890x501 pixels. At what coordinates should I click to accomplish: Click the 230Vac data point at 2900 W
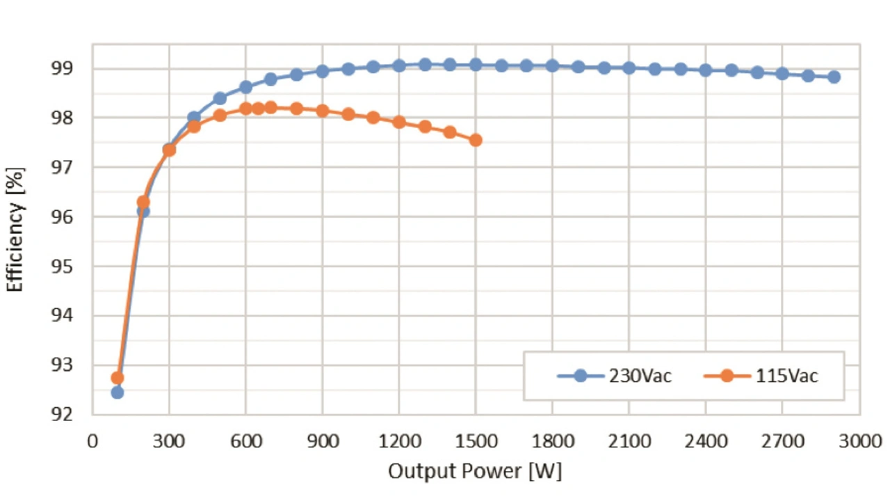[834, 77]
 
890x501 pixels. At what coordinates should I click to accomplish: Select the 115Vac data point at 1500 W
[476, 140]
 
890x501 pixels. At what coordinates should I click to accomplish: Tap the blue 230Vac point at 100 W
[117, 392]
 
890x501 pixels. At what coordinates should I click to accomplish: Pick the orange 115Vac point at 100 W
[117, 378]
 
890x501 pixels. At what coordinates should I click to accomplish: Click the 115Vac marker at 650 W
[258, 108]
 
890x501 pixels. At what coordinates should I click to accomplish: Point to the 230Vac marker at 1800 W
[552, 66]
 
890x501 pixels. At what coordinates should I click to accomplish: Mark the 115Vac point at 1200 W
[399, 122]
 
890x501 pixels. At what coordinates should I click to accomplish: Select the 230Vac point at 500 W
[220, 98]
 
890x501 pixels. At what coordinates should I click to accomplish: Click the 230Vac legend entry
[615, 376]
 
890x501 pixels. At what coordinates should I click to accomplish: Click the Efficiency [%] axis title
[15, 230]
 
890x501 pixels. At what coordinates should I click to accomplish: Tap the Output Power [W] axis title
[475, 471]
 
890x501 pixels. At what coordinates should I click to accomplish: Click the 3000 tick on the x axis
[859, 440]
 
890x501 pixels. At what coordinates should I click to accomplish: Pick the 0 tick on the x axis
[92, 440]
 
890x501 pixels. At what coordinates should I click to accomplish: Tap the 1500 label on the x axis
[476, 440]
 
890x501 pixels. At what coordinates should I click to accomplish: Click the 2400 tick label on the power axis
[706, 440]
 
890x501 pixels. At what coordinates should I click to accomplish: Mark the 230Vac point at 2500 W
[731, 70]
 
